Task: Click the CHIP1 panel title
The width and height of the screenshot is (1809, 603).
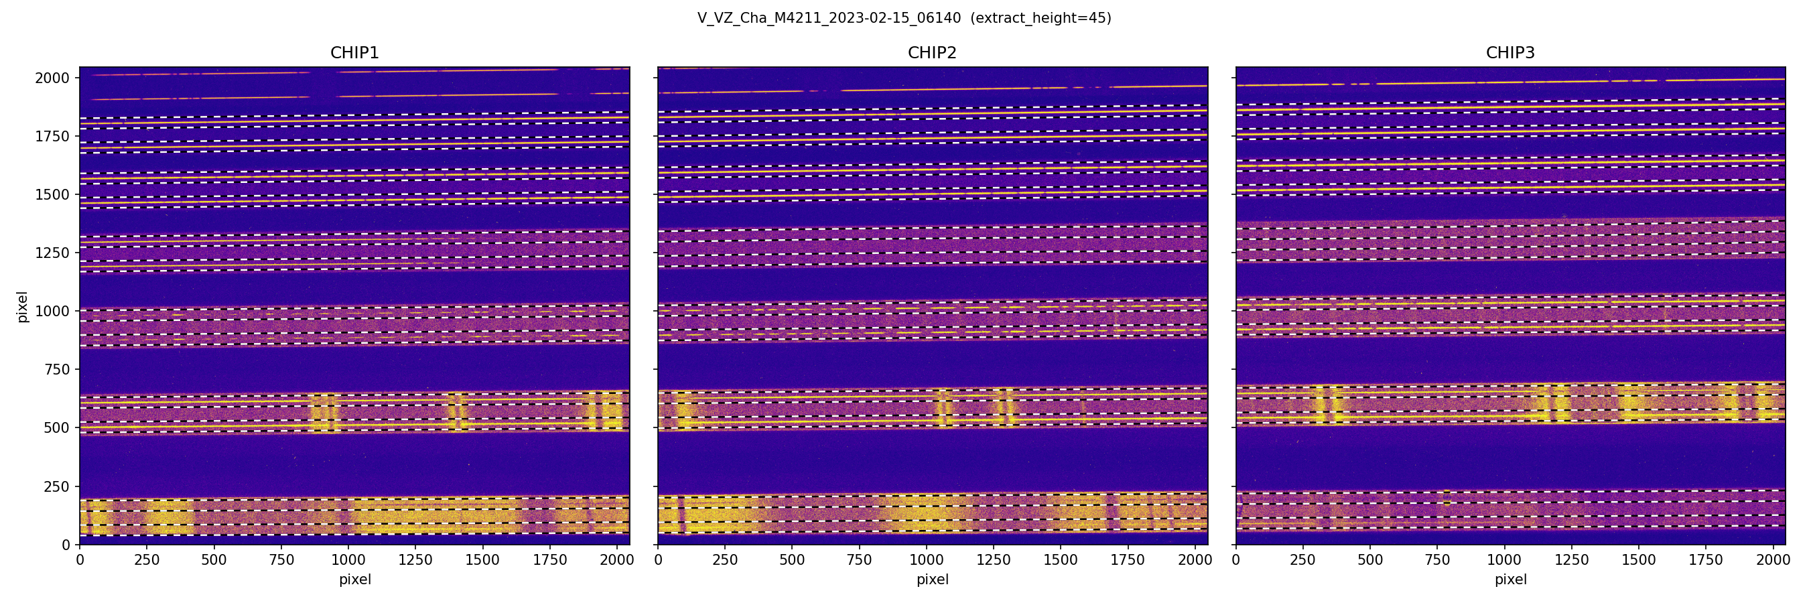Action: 354,53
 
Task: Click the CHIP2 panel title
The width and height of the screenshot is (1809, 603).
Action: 932,53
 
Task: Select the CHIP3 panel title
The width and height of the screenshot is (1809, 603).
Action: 1510,53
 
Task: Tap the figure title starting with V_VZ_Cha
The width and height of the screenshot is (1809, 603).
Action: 829,18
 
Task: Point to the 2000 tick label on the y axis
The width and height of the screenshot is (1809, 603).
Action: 53,78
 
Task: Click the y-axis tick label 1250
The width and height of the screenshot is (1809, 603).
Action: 53,253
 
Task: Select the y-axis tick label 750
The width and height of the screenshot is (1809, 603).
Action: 57,369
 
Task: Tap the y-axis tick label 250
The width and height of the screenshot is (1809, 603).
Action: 57,486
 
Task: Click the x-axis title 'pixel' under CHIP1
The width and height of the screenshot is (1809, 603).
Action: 354,580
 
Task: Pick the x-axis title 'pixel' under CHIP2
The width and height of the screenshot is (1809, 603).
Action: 932,580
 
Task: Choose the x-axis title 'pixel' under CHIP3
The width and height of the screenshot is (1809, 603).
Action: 1510,580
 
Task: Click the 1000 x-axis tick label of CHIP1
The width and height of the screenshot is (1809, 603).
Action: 348,560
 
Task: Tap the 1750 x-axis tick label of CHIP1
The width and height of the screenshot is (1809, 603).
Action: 550,560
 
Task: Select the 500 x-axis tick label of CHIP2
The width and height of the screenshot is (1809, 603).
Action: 792,560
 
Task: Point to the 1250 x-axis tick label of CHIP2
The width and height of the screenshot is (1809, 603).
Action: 994,560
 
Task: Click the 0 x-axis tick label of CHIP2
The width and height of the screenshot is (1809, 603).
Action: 658,560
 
